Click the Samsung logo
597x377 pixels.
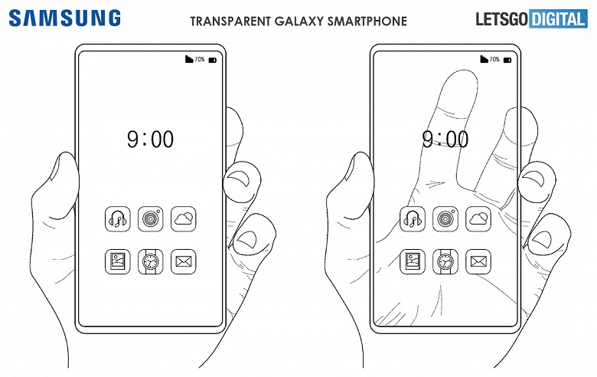tap(65, 17)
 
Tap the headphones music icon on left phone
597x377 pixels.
tap(118, 219)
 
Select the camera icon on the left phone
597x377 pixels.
tap(150, 219)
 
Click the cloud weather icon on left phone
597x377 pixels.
tap(183, 219)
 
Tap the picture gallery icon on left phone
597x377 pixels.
tap(118, 262)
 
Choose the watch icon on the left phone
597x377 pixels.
tap(150, 262)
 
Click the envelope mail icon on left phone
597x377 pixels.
tap(183, 262)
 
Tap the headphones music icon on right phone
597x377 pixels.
tap(413, 219)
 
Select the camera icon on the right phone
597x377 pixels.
tap(445, 219)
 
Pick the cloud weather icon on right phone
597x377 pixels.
tap(478, 219)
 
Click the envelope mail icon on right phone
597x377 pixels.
tap(478, 262)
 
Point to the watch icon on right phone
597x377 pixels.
tap(445, 262)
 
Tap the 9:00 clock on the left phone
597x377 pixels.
tap(150, 139)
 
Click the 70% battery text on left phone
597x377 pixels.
tap(199, 59)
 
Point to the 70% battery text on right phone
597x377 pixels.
tap(494, 59)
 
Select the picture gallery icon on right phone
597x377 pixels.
tap(413, 262)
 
